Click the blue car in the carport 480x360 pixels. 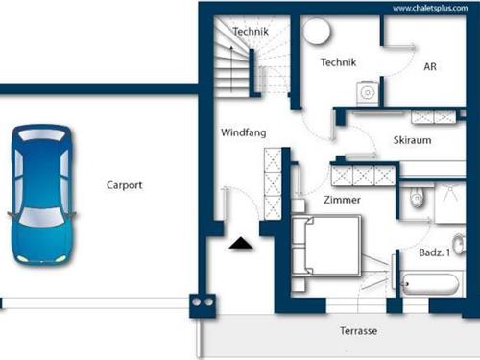pyautogui.click(x=41, y=195)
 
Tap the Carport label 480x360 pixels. pyautogui.click(x=125, y=185)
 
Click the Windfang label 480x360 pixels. pyautogui.click(x=244, y=132)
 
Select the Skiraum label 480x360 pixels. pyautogui.click(x=412, y=140)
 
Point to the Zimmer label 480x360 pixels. pyautogui.click(x=342, y=200)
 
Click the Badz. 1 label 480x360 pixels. pyautogui.click(x=434, y=252)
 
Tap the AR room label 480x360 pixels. pyautogui.click(x=430, y=66)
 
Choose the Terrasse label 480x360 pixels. pyautogui.click(x=358, y=330)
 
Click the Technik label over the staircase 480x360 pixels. pyautogui.click(x=251, y=32)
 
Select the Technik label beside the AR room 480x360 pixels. pyautogui.click(x=339, y=62)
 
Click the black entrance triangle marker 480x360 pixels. pyautogui.click(x=241, y=243)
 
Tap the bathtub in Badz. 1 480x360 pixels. pyautogui.click(x=430, y=283)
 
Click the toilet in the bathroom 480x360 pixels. pyautogui.click(x=417, y=197)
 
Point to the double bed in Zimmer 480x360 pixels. pyautogui.click(x=326, y=246)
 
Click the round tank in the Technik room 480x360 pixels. pyautogui.click(x=317, y=31)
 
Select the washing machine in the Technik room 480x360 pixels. pyautogui.click(x=367, y=93)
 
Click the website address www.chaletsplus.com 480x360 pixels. pyautogui.click(x=430, y=8)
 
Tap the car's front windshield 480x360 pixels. pyautogui.click(x=40, y=218)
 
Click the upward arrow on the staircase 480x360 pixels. pyautogui.click(x=231, y=69)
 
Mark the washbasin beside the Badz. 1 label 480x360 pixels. pyautogui.click(x=460, y=245)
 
